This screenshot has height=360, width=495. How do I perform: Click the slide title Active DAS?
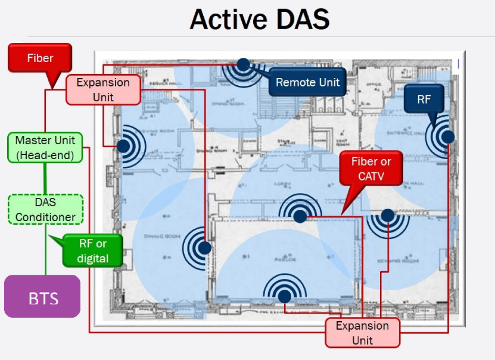pyautogui.click(x=259, y=19)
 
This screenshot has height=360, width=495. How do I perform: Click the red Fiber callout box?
pyautogui.click(x=40, y=58)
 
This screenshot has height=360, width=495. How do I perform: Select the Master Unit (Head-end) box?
pyautogui.click(x=45, y=148)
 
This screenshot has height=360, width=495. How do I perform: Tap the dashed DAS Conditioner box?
pyautogui.click(x=45, y=209)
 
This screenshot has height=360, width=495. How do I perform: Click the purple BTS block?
pyautogui.click(x=42, y=296)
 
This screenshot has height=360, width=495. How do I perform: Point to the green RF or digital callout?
pyautogui.click(x=93, y=250)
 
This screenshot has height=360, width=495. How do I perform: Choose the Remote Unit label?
pyautogui.click(x=307, y=82)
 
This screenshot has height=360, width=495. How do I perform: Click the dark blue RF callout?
pyautogui.click(x=424, y=100)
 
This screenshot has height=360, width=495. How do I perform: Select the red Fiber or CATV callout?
pyautogui.click(x=371, y=169)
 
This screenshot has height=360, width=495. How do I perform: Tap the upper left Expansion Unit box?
pyautogui.click(x=103, y=89)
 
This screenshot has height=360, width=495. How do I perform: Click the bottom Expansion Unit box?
pyautogui.click(x=362, y=333)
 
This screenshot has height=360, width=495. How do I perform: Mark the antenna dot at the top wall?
pyautogui.click(x=243, y=64)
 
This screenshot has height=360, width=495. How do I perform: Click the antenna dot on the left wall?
pyautogui.click(x=123, y=145)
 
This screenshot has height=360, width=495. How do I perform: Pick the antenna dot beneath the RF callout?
pyautogui.click(x=448, y=136)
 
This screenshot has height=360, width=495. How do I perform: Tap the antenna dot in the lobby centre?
pyautogui.click(x=301, y=217)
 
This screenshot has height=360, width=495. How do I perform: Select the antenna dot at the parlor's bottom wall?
pyautogui.click(x=285, y=296)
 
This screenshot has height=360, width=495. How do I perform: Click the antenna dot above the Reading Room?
pyautogui.click(x=388, y=215)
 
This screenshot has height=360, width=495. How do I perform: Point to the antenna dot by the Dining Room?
pyautogui.click(x=204, y=247)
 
